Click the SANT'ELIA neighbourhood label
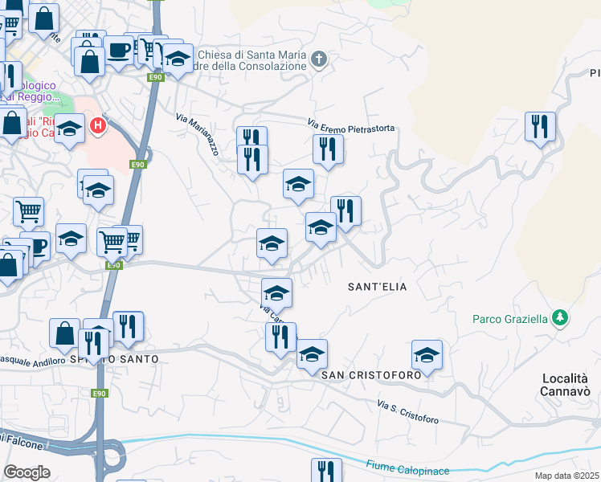point(377,286)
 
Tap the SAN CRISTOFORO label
point(371,375)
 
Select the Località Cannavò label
point(568,384)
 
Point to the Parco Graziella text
point(510,319)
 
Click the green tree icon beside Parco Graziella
point(559,318)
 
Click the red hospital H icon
point(98,125)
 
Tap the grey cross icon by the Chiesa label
point(319,59)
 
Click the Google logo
point(27,472)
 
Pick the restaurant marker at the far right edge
point(540,126)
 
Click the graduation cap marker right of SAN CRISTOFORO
point(427,354)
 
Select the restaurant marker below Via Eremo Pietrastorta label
point(327,149)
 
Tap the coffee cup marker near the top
point(118,49)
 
